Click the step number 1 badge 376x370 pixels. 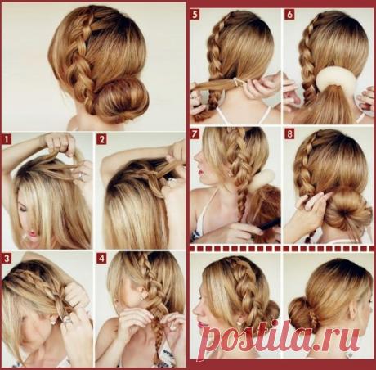(7, 140)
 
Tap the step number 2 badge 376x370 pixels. (101, 140)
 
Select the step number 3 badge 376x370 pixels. (7, 259)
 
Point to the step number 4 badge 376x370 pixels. (101, 259)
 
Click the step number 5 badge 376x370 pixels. (195, 15)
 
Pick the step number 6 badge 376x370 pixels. (289, 15)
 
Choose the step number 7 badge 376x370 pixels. (195, 133)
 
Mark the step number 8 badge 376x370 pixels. (289, 133)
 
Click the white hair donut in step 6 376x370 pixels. (334, 77)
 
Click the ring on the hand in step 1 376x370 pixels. (81, 176)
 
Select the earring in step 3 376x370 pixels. (52, 322)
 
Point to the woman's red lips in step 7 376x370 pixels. (200, 172)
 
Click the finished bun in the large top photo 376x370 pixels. (122, 101)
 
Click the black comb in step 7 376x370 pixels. (268, 224)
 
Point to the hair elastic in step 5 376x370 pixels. (238, 80)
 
